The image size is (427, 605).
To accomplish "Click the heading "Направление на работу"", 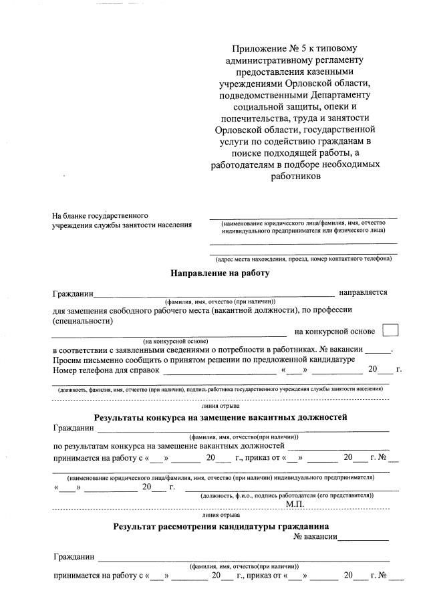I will (221, 273).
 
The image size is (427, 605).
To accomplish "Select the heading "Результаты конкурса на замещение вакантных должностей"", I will (221, 418).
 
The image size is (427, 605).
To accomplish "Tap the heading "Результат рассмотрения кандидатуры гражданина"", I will (221, 526).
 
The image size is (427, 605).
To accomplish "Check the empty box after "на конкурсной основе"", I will (390, 330).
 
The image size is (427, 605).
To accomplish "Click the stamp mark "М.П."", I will (295, 503).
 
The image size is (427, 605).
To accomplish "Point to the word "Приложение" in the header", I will (256, 49).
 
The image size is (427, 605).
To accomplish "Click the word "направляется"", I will (363, 292).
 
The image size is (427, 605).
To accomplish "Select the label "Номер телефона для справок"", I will (106, 370).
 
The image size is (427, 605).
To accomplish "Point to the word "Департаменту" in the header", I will (331, 94).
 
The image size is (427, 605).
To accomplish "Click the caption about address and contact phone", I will (303, 259).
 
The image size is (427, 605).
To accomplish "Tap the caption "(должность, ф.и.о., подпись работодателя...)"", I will (287, 495).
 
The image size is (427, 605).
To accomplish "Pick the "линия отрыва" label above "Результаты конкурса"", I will (221, 406).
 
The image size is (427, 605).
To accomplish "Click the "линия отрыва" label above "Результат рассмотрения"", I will (221, 515).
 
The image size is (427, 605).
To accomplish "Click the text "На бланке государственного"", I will (100, 215).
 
